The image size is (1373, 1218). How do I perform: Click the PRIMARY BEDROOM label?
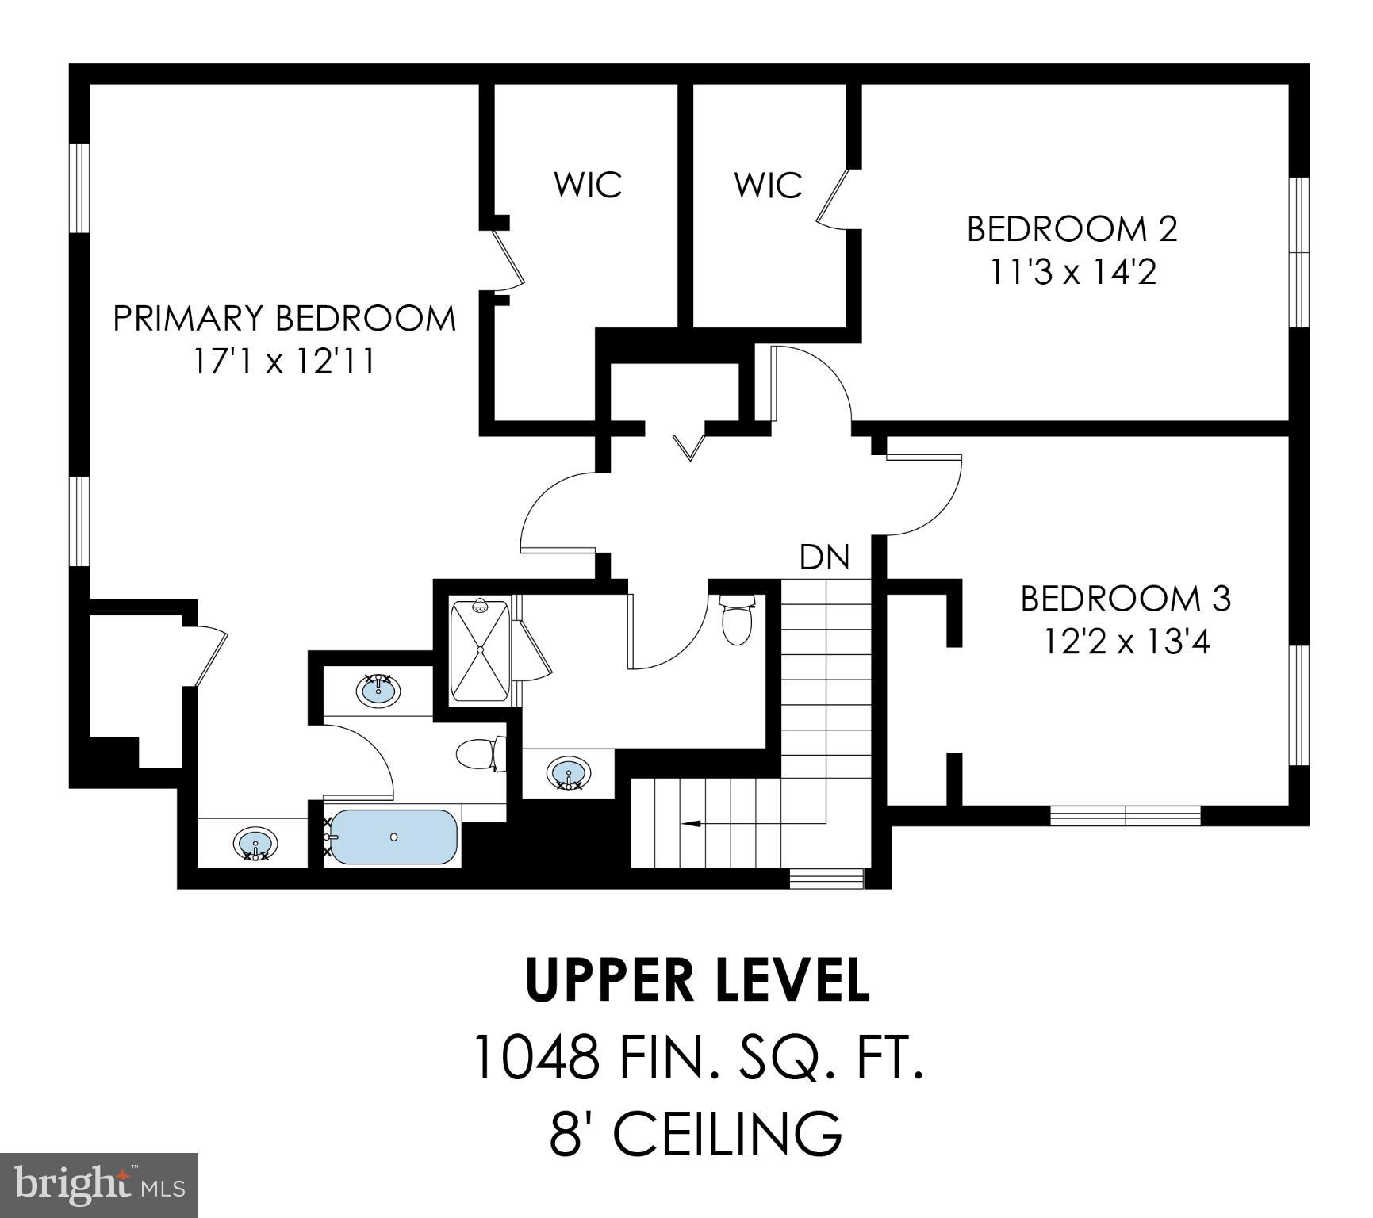284,319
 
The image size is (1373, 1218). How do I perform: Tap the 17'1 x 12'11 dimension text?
284,362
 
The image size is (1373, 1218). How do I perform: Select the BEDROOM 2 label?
1072,229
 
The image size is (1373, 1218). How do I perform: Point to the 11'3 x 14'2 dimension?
1072,272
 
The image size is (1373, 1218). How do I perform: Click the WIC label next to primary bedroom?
587,185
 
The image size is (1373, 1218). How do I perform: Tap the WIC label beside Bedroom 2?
767,186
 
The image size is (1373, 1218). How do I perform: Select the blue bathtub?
393,837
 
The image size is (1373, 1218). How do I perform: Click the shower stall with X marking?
479,651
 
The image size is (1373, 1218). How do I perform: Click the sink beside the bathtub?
255,844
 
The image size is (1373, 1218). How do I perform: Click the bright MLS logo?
98,1185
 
